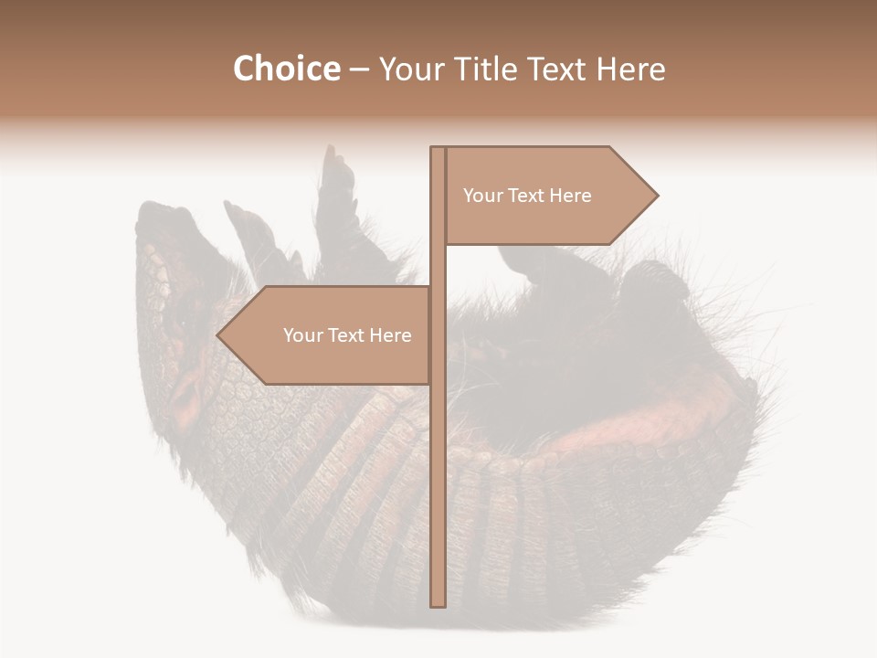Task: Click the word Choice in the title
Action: [x=286, y=69]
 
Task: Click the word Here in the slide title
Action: [x=631, y=69]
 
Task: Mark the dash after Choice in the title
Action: [x=359, y=69]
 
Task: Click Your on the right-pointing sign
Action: [x=483, y=196]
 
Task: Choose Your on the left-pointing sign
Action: [x=303, y=335]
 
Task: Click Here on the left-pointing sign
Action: [x=390, y=335]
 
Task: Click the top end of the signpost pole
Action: [x=438, y=149]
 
